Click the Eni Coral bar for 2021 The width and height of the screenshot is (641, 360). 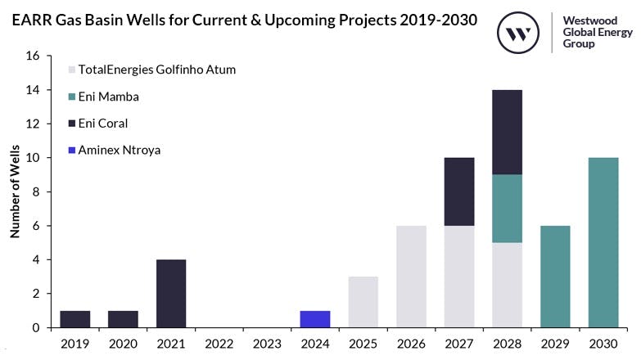(170, 293)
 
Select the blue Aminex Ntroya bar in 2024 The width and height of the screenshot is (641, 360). (315, 319)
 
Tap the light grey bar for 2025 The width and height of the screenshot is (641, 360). (363, 302)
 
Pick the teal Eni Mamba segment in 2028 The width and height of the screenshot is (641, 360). (508, 208)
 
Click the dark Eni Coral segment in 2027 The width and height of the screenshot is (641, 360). (459, 191)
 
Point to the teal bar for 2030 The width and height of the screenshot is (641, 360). (603, 242)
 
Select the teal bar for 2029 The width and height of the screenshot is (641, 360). (556, 277)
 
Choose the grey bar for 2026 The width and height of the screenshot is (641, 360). (412, 277)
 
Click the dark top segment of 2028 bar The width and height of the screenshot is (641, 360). (508, 132)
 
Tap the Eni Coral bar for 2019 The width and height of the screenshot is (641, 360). (74, 319)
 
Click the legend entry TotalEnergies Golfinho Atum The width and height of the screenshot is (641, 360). (156, 70)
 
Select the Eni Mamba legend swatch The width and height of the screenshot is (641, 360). (72, 97)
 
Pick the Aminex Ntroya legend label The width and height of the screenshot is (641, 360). (120, 150)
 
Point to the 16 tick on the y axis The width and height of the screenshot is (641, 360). (34, 56)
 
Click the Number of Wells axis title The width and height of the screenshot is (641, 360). (15, 191)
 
